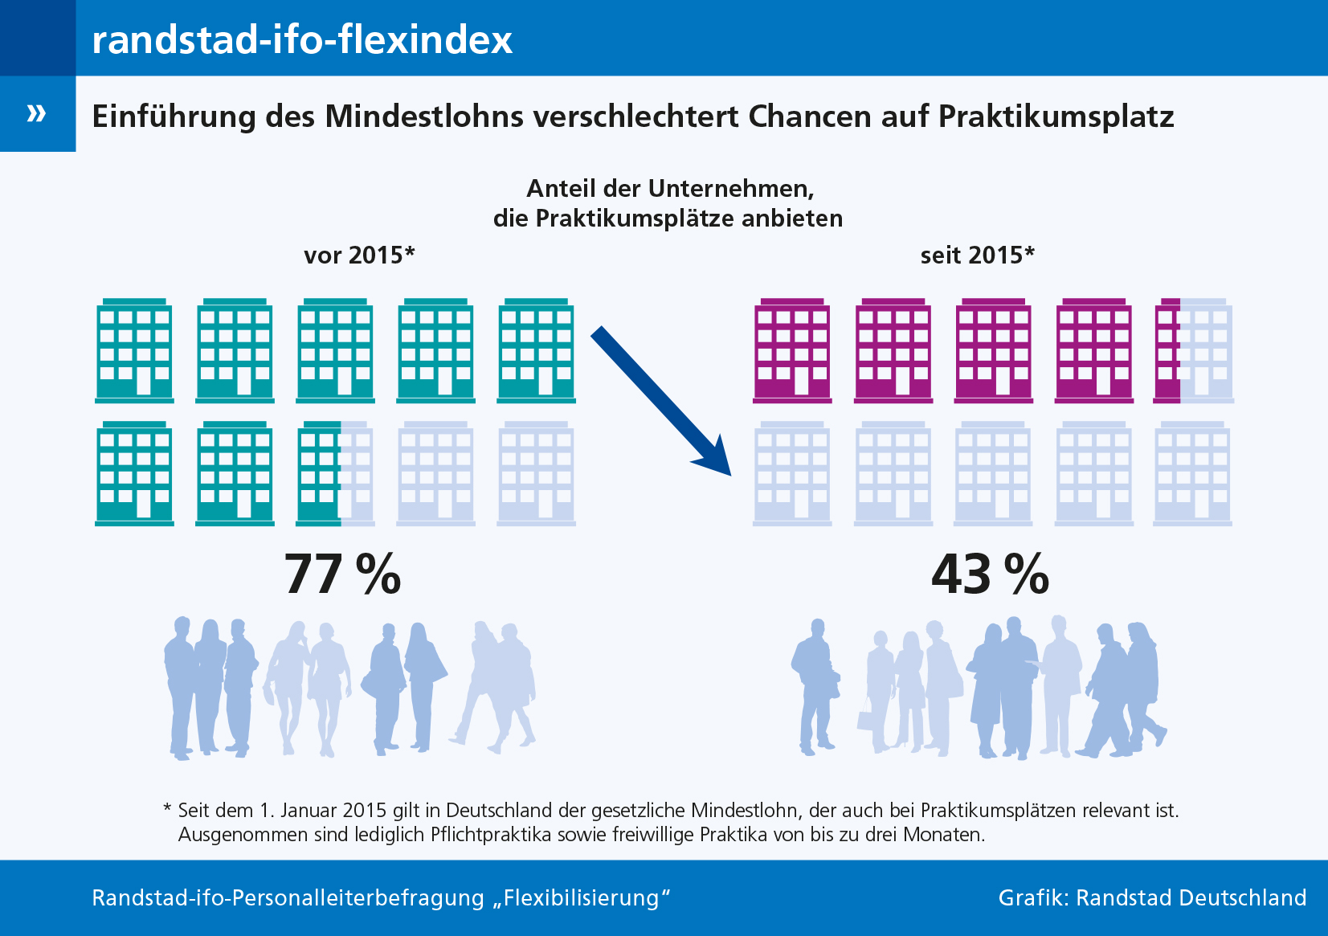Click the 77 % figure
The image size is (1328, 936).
pyautogui.click(x=342, y=574)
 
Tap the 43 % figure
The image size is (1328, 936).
pyautogui.click(x=990, y=574)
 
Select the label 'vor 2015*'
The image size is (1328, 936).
pyautogui.click(x=359, y=255)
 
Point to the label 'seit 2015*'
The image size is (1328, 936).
pyautogui.click(x=977, y=255)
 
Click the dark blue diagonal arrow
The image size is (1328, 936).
pyautogui.click(x=660, y=400)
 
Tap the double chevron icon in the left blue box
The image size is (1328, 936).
pyautogui.click(x=36, y=113)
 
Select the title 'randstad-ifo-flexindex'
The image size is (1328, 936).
pyautogui.click(x=302, y=39)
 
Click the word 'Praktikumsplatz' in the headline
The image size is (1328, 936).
pyautogui.click(x=1056, y=117)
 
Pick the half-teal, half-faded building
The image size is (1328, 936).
pyautogui.click(x=335, y=474)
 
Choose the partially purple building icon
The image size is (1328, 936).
pyautogui.click(x=1192, y=351)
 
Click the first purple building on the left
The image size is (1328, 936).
pyautogui.click(x=792, y=351)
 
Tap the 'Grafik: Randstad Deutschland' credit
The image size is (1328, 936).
pyautogui.click(x=1152, y=897)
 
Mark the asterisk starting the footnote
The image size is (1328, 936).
pyautogui.click(x=167, y=808)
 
